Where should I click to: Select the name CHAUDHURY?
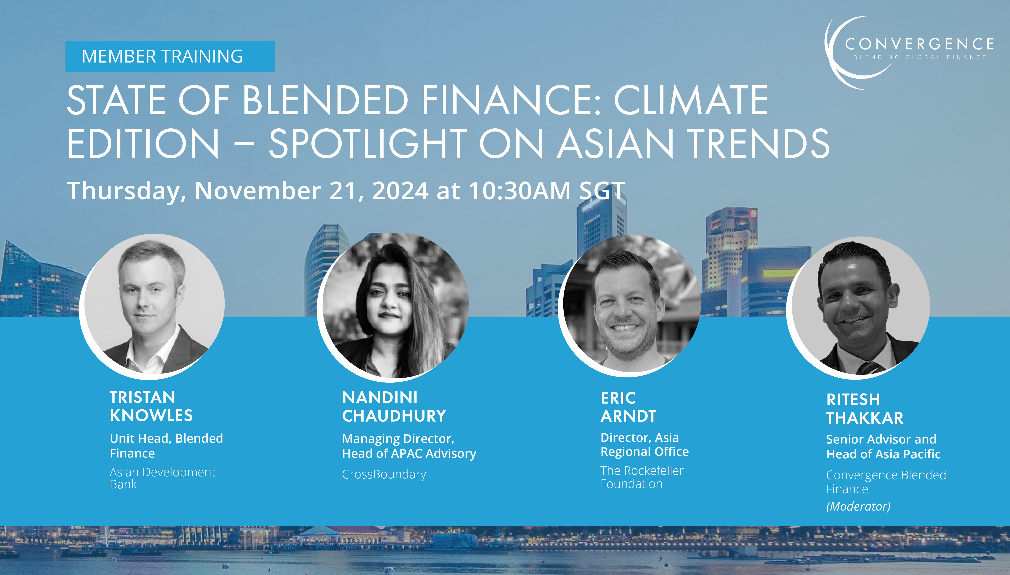pos(394,416)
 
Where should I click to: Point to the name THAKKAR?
pos(865,418)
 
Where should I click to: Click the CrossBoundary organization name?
pos(384,474)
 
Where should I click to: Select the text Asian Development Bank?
pos(162,478)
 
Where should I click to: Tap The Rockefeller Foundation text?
pos(642,477)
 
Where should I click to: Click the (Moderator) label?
pos(858,506)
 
